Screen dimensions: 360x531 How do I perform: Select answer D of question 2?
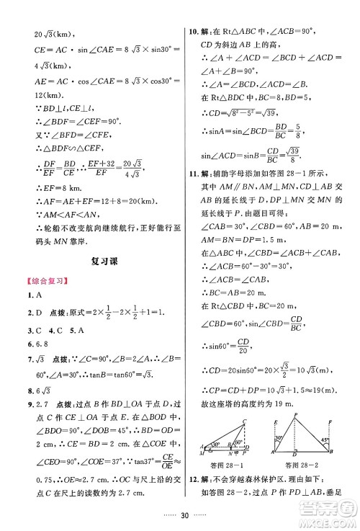point(42,314)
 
